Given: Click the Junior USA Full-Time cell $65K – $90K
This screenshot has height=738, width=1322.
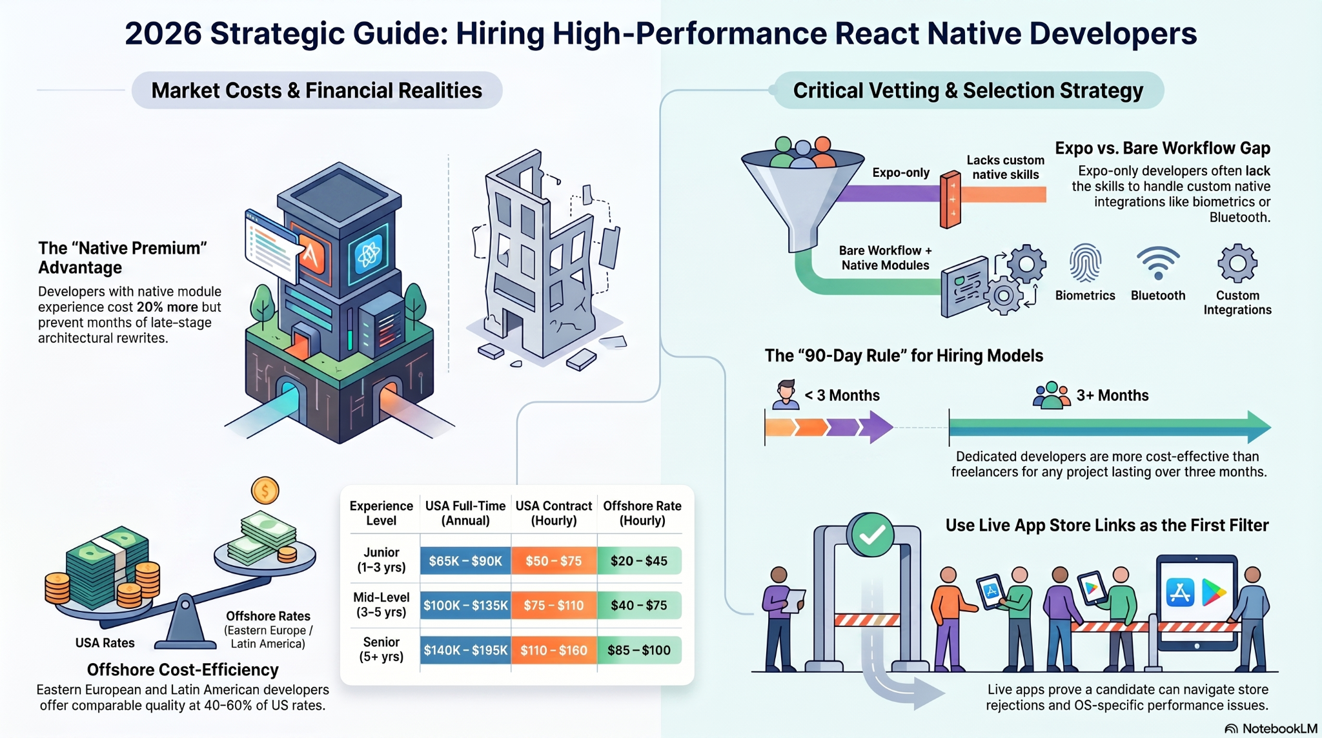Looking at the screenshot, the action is (x=465, y=560).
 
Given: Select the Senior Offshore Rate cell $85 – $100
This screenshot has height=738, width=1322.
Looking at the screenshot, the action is (x=639, y=650).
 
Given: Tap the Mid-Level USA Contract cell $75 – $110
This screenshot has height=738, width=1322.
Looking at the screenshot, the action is (x=554, y=605).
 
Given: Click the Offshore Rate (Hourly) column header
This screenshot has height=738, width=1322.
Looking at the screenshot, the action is (x=642, y=513).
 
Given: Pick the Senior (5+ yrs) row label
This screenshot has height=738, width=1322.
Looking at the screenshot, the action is (x=381, y=650).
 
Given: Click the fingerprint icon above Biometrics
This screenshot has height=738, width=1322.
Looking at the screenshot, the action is (x=1085, y=263).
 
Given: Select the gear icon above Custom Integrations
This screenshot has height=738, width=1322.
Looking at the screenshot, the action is (x=1237, y=263).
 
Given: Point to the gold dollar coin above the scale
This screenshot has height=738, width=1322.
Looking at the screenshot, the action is (x=265, y=491).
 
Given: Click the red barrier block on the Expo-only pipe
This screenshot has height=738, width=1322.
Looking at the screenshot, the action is (x=951, y=200).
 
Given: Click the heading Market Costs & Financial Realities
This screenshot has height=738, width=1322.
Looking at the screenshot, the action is (x=317, y=90).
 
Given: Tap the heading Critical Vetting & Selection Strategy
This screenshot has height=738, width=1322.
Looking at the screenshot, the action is (x=968, y=90).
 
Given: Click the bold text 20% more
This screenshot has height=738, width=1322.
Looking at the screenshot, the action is (x=167, y=307).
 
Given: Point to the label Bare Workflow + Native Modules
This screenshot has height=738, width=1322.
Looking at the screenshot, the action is (x=886, y=258).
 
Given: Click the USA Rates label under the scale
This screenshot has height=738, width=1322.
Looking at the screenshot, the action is (x=105, y=643).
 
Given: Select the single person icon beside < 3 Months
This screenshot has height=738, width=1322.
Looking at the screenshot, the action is (x=786, y=395).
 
